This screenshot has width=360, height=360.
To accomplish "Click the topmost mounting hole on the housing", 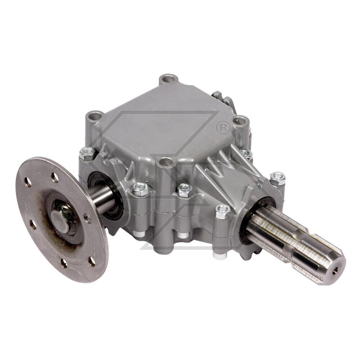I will (168, 78).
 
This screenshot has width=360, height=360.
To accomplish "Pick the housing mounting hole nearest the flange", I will (95, 116).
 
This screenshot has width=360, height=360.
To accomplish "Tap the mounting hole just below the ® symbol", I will (240, 121).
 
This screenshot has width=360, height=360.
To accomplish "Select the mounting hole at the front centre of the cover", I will (166, 162).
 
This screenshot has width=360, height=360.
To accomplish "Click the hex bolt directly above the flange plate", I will (87, 154).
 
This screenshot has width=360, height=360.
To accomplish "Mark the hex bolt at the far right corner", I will (277, 179).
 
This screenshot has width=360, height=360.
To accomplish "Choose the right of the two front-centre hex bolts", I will (184, 190).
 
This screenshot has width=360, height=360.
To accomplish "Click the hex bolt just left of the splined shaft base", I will (223, 212).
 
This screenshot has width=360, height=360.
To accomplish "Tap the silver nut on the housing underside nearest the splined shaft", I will (220, 255).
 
